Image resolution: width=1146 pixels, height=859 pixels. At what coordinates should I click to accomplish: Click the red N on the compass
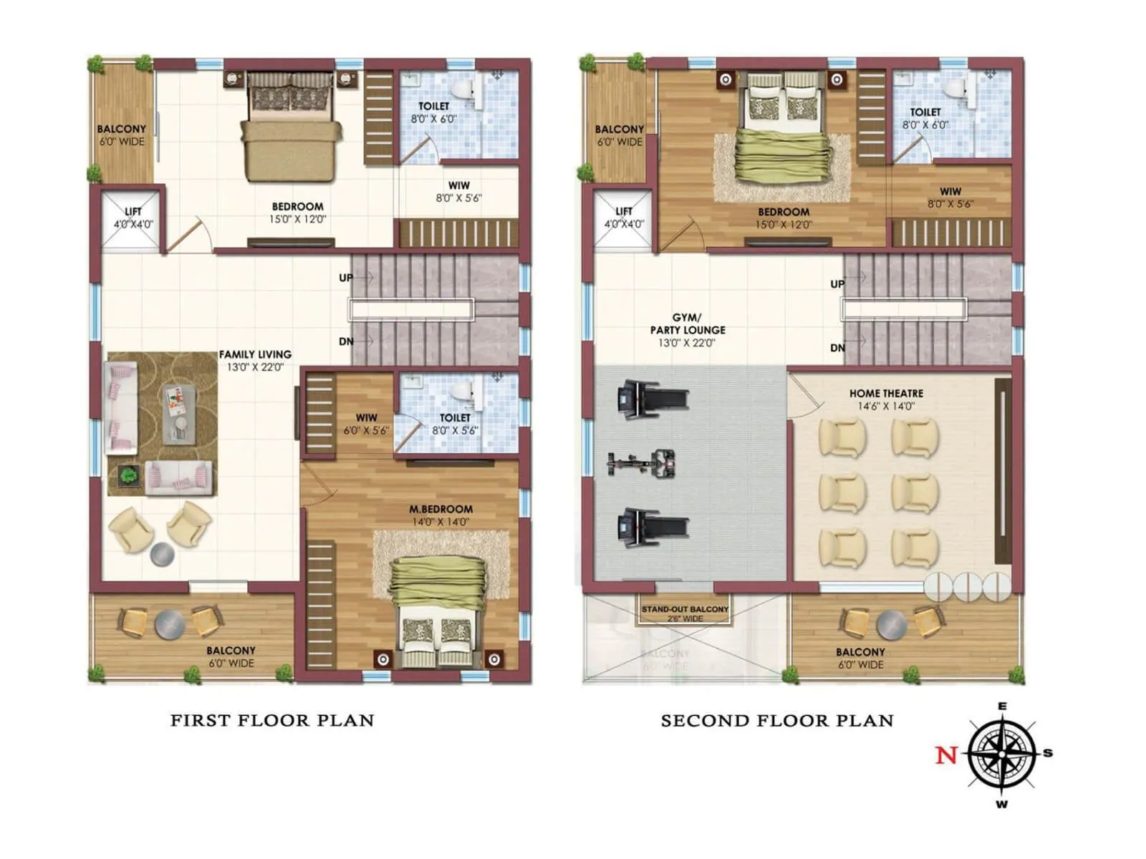(x=946, y=754)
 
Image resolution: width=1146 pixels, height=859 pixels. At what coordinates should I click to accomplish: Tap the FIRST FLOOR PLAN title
(x=272, y=720)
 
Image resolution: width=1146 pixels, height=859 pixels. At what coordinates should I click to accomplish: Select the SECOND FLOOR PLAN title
(x=777, y=721)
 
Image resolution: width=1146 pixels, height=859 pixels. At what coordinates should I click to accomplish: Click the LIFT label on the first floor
(x=133, y=212)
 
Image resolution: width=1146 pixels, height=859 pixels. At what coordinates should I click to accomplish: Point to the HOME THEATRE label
(x=886, y=393)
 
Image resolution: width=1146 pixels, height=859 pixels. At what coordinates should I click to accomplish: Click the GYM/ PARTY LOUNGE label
(x=688, y=324)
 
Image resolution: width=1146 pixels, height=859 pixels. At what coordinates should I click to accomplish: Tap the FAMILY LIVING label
(x=255, y=354)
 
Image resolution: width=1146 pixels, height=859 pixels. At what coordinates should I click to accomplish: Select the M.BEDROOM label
(x=440, y=509)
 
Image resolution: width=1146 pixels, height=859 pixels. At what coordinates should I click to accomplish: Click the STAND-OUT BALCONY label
(x=685, y=609)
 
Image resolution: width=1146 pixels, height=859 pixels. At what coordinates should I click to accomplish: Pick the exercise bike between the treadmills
(x=641, y=464)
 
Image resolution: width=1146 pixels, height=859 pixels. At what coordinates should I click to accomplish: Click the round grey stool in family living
(x=162, y=554)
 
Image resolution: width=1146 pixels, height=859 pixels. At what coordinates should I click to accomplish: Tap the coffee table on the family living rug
(x=178, y=412)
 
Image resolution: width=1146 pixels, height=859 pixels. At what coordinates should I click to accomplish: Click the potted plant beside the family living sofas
(x=129, y=475)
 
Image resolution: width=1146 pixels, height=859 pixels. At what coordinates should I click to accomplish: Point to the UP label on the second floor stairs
(x=837, y=284)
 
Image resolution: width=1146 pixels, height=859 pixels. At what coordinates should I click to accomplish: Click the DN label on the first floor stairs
(x=346, y=341)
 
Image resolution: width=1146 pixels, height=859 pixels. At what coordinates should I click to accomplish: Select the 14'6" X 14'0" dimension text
(x=886, y=406)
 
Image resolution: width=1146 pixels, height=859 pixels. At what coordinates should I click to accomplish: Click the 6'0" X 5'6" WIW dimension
(x=366, y=430)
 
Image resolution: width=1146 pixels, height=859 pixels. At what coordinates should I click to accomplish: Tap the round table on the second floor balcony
(x=892, y=625)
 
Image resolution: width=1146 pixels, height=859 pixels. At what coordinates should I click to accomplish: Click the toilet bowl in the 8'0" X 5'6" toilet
(x=463, y=391)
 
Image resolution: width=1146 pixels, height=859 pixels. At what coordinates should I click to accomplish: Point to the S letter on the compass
(x=1048, y=752)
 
